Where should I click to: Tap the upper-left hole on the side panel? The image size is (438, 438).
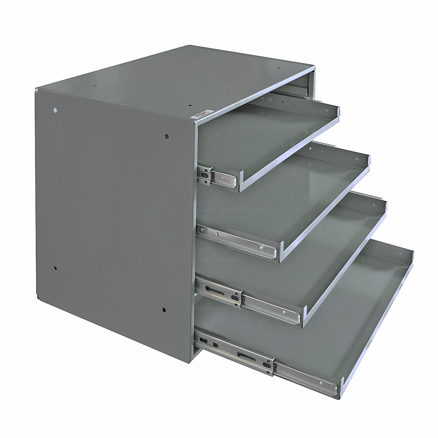pyautogui.click(x=55, y=110)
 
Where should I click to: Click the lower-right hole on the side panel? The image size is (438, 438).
pyautogui.click(x=164, y=309)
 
